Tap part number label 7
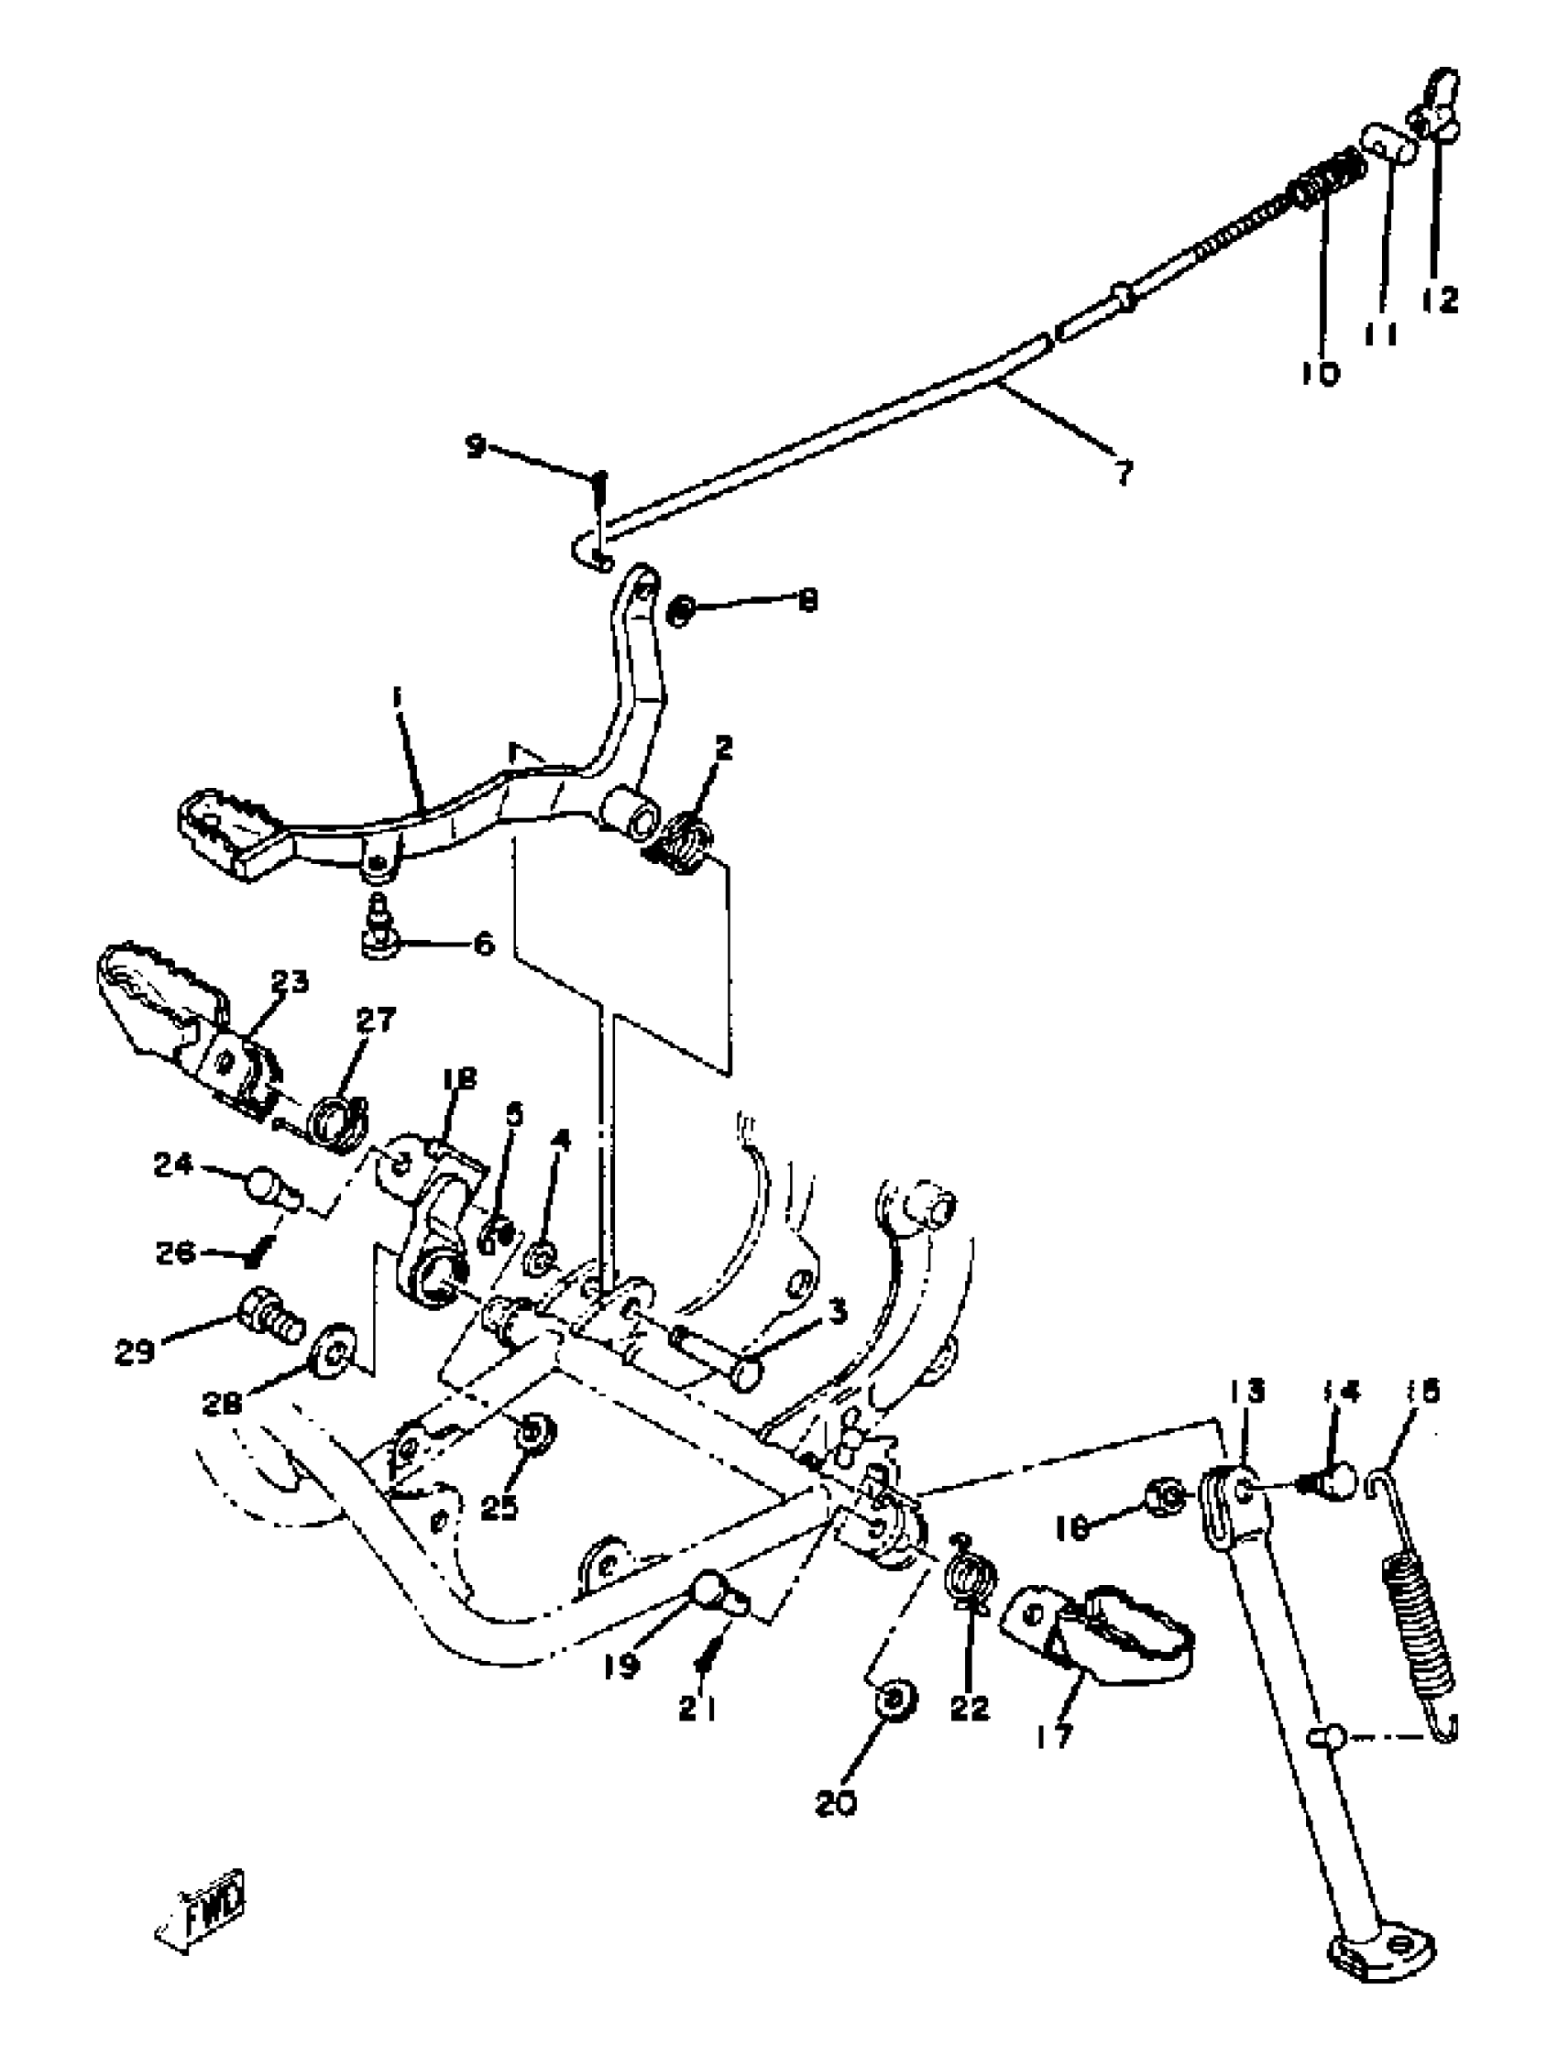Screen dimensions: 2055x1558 pos(1125,474)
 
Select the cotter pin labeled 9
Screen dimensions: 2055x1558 pos(600,492)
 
